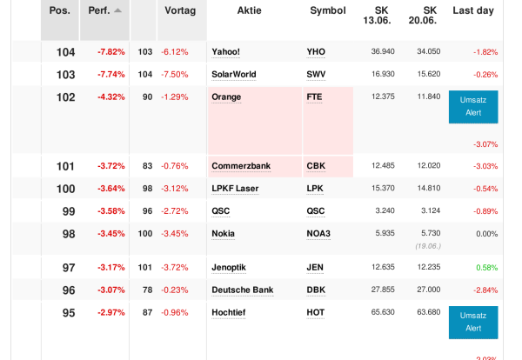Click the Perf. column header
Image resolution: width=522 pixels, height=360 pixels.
click(98, 10)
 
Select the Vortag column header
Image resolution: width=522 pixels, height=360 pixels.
click(180, 10)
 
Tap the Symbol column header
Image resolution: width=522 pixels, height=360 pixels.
click(327, 10)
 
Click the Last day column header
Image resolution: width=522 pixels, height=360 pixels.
click(473, 10)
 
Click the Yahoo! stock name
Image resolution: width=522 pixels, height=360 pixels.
click(226, 52)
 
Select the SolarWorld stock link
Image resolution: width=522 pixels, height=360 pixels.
click(233, 75)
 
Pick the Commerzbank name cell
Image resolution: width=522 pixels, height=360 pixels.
click(241, 166)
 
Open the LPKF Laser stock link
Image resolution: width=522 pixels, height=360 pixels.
click(235, 189)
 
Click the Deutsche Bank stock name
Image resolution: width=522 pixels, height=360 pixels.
click(243, 290)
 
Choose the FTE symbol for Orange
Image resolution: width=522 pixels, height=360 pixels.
click(314, 97)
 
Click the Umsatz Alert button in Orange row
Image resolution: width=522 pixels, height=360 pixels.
click(473, 107)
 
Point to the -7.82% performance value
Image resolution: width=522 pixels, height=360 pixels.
click(110, 52)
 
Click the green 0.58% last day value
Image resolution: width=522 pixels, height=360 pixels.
click(486, 267)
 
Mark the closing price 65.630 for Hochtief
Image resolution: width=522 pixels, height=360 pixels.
click(383, 312)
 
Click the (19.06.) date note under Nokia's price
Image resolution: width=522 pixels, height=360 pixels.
click(426, 246)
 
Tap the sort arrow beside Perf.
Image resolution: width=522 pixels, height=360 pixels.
click(117, 10)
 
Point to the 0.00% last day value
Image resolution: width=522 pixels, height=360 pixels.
click(486, 234)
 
